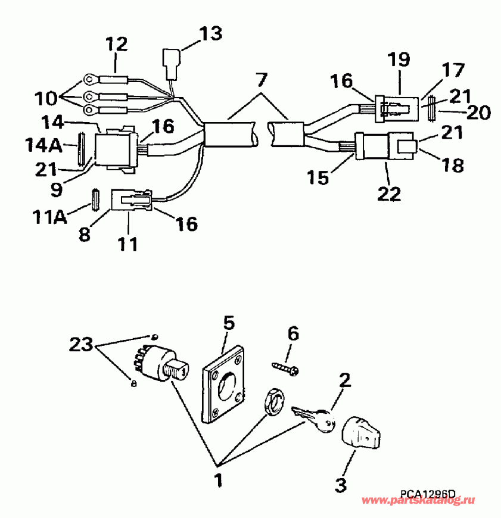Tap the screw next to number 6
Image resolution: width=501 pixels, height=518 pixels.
pyautogui.click(x=286, y=367)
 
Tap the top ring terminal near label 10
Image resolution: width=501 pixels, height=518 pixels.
pyautogui.click(x=90, y=78)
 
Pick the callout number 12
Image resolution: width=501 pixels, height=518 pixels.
pyautogui.click(x=117, y=43)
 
